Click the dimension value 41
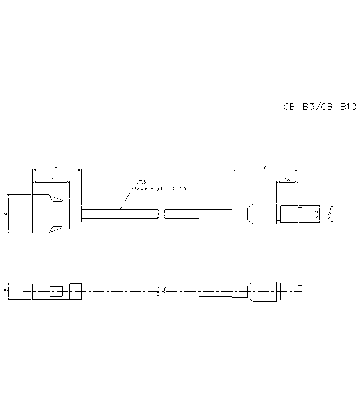pyautogui.click(x=57, y=167)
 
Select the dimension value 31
pyautogui.click(x=51, y=179)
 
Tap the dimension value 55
pyautogui.click(x=265, y=167)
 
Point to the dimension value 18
pyautogui.click(x=287, y=179)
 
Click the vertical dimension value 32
pyautogui.click(x=6, y=214)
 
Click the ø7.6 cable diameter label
pyautogui.click(x=141, y=182)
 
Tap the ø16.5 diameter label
pyautogui.click(x=329, y=214)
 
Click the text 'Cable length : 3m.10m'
pyautogui.click(x=162, y=188)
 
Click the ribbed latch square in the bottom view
pyautogui.click(x=56, y=291)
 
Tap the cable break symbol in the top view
pyautogui.click(x=162, y=214)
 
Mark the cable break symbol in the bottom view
pyautogui.click(x=162, y=292)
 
